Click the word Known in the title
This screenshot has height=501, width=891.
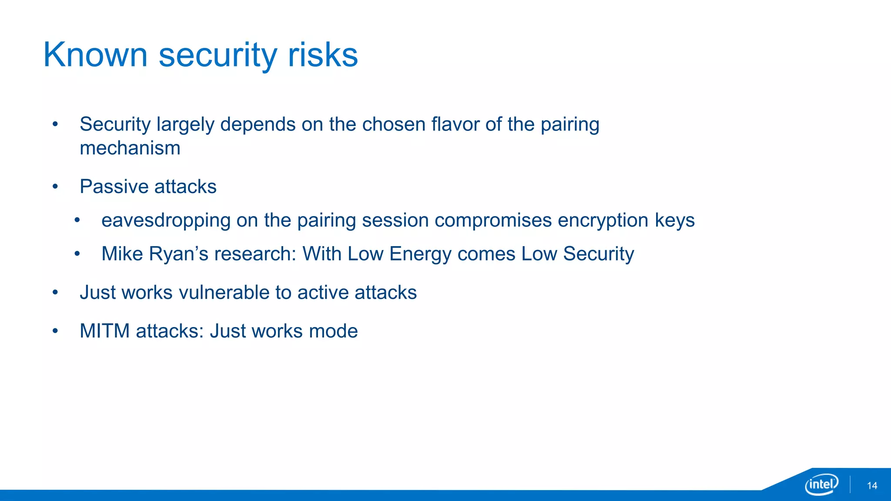click(95, 55)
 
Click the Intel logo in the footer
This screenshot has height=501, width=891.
click(821, 484)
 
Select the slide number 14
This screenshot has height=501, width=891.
click(872, 486)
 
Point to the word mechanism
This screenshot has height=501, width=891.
click(130, 148)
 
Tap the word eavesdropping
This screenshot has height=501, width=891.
click(165, 220)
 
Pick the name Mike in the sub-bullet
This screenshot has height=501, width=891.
click(122, 254)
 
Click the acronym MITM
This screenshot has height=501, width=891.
click(104, 331)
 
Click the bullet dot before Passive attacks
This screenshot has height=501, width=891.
click(55, 187)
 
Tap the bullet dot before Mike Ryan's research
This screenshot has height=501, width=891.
click(77, 254)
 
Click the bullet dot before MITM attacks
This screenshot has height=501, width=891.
click(55, 331)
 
